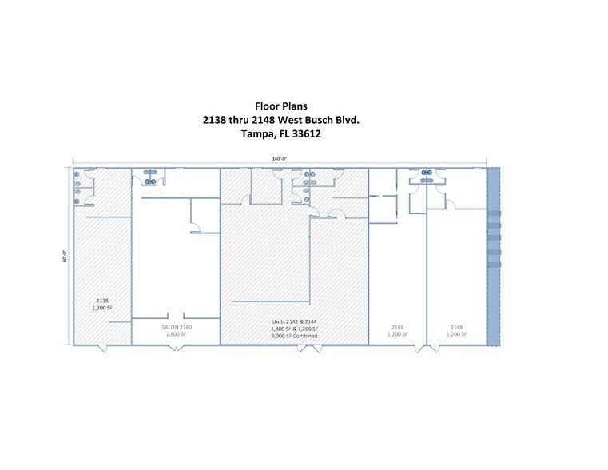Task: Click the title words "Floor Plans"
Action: point(280,106)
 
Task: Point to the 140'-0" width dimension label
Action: point(279,159)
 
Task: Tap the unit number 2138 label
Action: point(101,301)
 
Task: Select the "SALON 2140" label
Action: point(175,327)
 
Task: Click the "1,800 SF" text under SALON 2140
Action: point(175,335)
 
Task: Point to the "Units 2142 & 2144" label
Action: point(295,321)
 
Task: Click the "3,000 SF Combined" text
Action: point(295,336)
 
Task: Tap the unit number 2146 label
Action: point(398,327)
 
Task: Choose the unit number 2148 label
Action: point(456,327)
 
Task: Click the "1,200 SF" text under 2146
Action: point(398,335)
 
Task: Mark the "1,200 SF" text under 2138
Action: point(101,309)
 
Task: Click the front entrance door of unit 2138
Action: point(101,348)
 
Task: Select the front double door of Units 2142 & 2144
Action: point(294,349)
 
